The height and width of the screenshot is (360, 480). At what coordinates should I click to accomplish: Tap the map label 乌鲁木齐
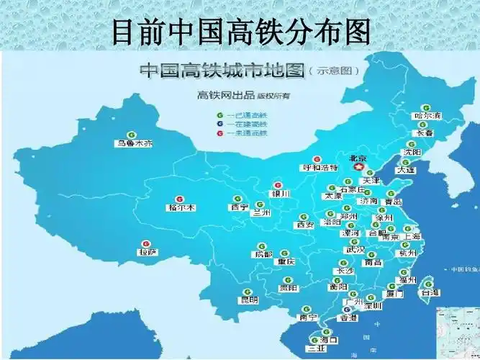[135, 143]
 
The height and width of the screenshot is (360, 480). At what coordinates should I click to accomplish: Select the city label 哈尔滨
[427, 115]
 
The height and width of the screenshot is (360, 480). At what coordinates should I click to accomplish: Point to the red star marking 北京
[358, 166]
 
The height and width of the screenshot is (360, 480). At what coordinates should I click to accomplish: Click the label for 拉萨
[148, 252]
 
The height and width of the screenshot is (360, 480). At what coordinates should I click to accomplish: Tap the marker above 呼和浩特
[317, 159]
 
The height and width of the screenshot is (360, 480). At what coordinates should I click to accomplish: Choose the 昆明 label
[249, 300]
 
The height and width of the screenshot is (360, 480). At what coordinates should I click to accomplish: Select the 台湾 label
[430, 293]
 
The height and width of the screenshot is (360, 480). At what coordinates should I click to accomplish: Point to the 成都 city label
[263, 254]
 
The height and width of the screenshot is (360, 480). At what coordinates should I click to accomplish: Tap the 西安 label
[304, 225]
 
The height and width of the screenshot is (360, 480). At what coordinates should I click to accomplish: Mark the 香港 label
[348, 318]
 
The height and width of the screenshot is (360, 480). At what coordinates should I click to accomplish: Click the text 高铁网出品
[219, 94]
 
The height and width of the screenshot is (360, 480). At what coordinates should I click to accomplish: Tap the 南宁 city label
[308, 318]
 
